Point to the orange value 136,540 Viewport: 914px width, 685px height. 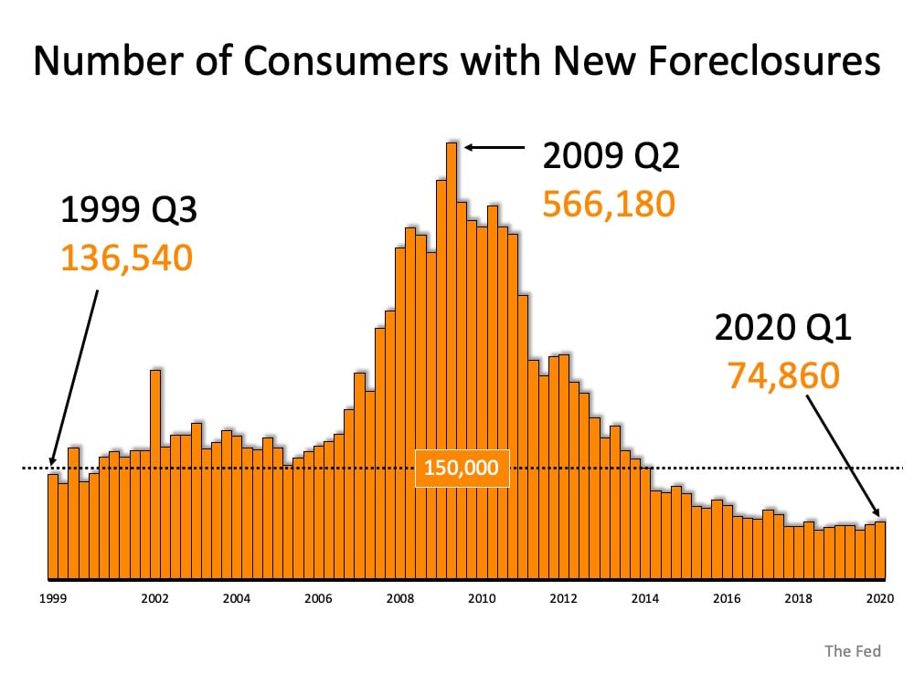[x=127, y=258]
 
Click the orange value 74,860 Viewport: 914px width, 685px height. [x=783, y=374]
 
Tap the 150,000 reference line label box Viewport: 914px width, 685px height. [x=461, y=469]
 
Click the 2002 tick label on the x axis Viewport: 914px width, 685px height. [x=154, y=599]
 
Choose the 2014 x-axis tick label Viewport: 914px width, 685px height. [x=644, y=599]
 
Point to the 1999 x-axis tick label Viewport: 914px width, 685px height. [x=51, y=599]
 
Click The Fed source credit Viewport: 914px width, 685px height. [x=852, y=651]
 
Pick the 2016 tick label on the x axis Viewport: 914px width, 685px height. [x=727, y=599]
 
